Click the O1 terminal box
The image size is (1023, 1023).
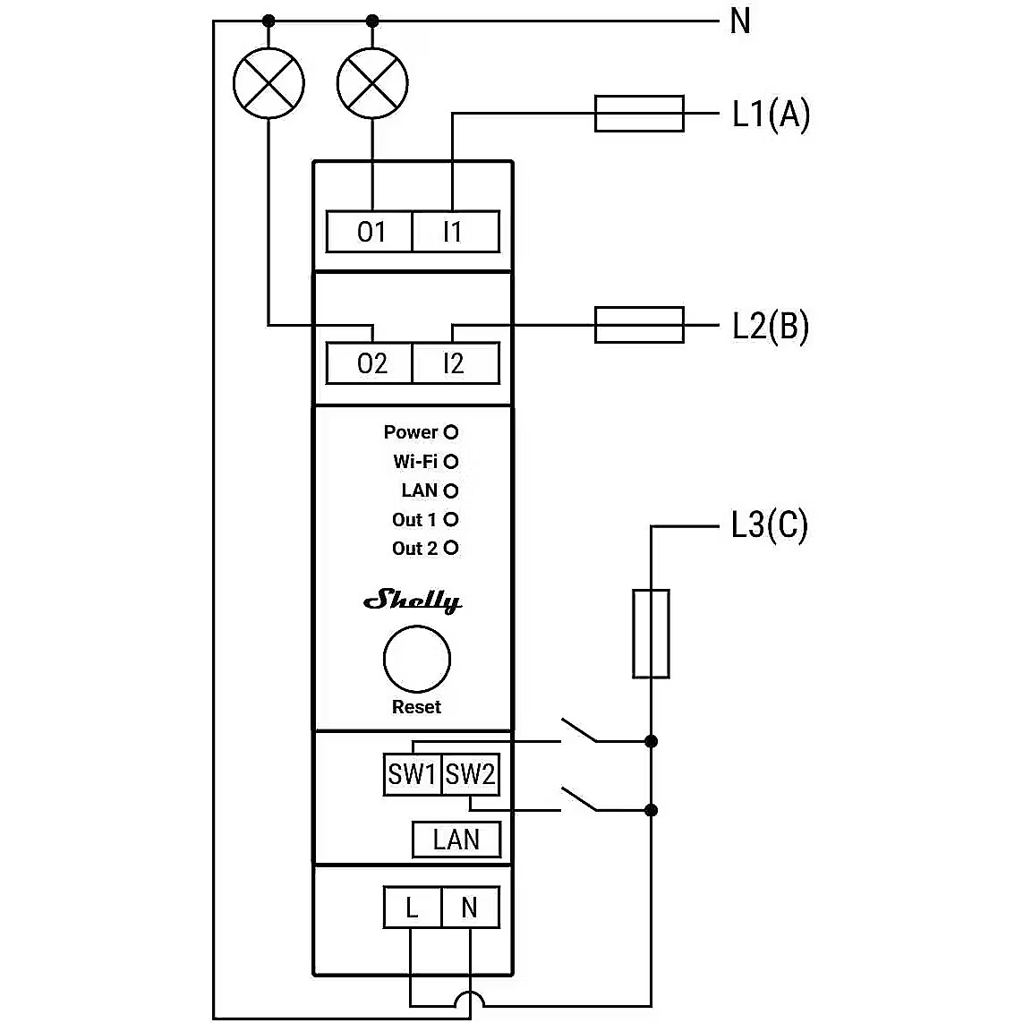(370, 233)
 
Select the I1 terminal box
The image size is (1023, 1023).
(455, 233)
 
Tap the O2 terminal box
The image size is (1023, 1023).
(370, 363)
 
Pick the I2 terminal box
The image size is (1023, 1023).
(455, 363)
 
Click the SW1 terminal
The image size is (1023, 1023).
(412, 774)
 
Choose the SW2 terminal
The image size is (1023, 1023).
(470, 774)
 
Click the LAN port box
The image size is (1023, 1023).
(456, 840)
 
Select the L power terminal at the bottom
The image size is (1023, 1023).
(412, 908)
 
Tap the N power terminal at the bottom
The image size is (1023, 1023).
(470, 908)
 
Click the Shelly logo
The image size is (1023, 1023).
(413, 601)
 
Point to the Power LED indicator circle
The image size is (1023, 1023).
(451, 432)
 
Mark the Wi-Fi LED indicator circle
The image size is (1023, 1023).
(451, 462)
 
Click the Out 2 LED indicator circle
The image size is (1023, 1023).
(451, 548)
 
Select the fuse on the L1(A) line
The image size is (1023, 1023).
(639, 114)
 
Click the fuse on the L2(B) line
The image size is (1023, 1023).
(639, 325)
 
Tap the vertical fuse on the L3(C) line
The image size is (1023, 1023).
(651, 634)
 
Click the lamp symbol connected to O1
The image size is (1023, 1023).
(372, 83)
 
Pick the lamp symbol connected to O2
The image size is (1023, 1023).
(269, 83)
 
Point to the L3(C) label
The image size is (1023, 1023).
(769, 524)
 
